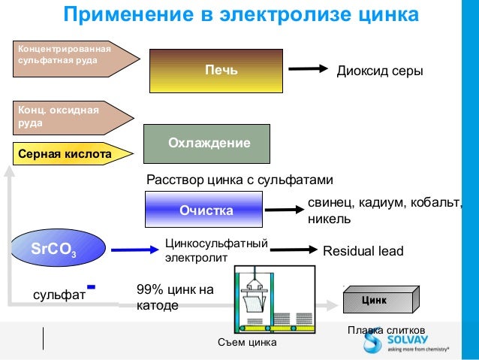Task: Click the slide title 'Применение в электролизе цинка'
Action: click(239, 14)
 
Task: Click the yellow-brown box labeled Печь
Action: click(216, 71)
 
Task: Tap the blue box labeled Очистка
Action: click(204, 210)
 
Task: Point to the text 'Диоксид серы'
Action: click(380, 71)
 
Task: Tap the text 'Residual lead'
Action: click(363, 251)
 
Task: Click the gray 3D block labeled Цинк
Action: click(378, 301)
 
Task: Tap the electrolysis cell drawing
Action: click(275, 299)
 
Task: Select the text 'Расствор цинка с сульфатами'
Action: click(238, 180)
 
